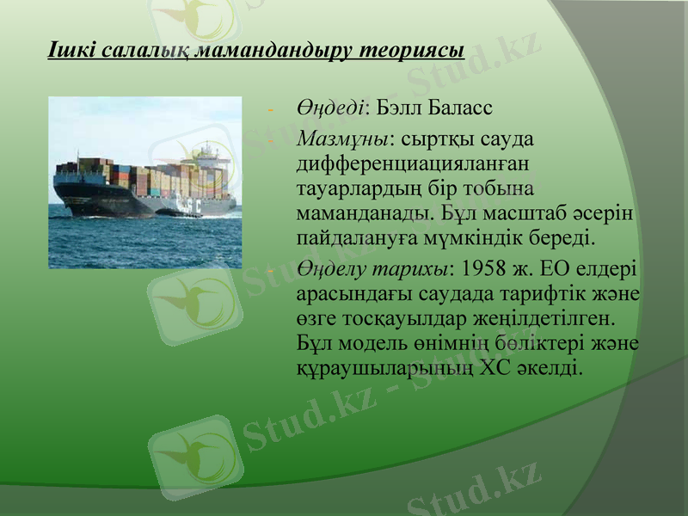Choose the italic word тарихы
tap(416, 269)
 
